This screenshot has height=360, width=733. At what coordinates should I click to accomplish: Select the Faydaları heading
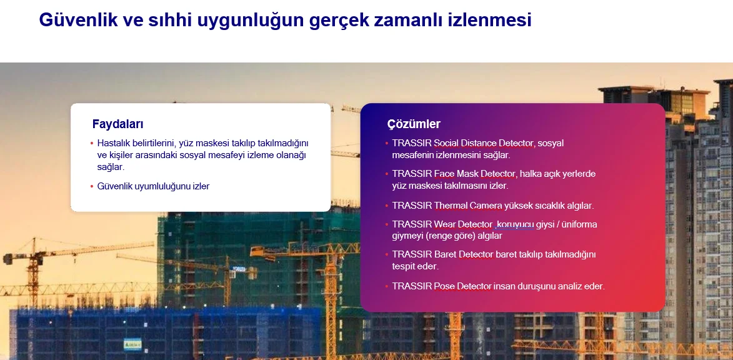pyautogui.click(x=118, y=124)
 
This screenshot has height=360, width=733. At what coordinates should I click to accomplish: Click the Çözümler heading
pyautogui.click(x=414, y=124)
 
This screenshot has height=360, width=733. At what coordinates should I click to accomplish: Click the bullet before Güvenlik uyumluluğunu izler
pyautogui.click(x=92, y=186)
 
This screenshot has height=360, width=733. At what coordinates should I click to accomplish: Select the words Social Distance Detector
pyautogui.click(x=484, y=143)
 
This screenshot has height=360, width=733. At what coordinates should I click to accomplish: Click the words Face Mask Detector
pyautogui.click(x=474, y=174)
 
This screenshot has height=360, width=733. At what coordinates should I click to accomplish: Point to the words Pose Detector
pyautogui.click(x=463, y=286)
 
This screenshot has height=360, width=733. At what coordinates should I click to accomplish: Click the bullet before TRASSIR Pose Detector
pyautogui.click(x=387, y=286)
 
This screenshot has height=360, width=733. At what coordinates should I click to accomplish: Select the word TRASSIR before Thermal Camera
pyautogui.click(x=412, y=206)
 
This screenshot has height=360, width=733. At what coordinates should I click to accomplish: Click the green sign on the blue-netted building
pyautogui.click(x=132, y=345)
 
